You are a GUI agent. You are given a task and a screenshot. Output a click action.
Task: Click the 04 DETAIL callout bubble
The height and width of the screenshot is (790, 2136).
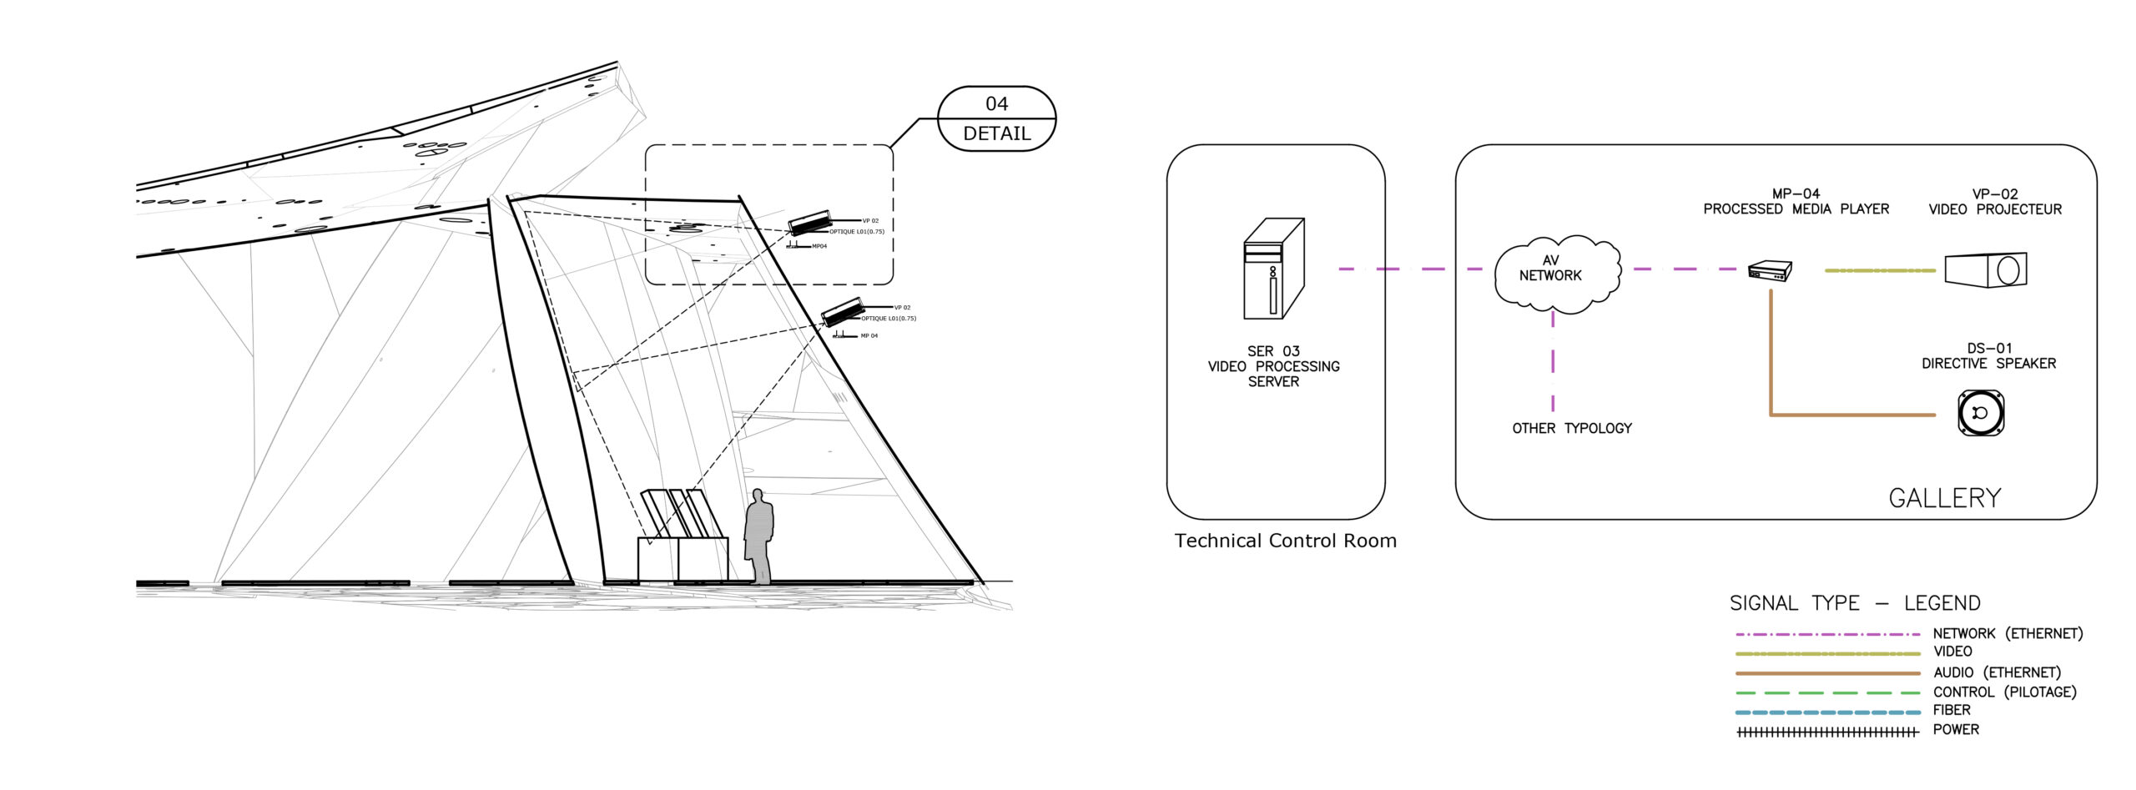click(996, 118)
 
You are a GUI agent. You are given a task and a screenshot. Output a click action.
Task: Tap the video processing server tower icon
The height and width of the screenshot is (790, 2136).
click(1272, 269)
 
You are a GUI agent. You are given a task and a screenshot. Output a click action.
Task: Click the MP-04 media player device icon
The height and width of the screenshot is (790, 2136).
click(1770, 270)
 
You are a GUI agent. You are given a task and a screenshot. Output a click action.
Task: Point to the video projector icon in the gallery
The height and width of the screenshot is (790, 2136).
click(1985, 269)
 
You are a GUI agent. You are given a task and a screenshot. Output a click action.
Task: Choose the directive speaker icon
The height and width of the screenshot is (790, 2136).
click(1981, 412)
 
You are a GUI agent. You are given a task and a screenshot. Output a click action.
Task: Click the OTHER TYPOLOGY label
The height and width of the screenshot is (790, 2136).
click(1571, 428)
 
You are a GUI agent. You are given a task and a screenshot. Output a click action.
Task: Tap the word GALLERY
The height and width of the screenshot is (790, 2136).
click(1944, 498)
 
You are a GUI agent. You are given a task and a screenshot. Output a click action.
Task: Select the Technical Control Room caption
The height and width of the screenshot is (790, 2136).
click(1285, 541)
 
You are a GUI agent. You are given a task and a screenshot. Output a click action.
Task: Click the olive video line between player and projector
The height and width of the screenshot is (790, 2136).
click(1879, 270)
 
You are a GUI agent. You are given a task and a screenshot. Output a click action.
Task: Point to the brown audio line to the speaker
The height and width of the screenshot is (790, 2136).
click(1852, 414)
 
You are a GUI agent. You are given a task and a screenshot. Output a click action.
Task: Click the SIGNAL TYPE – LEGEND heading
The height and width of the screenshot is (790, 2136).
click(1854, 602)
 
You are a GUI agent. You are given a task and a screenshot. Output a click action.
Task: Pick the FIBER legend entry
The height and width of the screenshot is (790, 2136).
click(1952, 710)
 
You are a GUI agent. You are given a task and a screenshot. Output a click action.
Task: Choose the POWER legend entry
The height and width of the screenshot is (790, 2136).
click(1955, 729)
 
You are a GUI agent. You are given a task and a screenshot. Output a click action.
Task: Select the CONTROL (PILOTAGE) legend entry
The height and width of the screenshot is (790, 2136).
click(2004, 692)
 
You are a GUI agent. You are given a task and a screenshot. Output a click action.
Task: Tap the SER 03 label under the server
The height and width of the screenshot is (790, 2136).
click(1273, 351)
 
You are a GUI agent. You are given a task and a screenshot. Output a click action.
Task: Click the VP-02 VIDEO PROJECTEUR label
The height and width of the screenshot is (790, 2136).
click(1994, 201)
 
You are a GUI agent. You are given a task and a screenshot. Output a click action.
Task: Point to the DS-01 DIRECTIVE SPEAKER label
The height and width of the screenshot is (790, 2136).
click(1988, 355)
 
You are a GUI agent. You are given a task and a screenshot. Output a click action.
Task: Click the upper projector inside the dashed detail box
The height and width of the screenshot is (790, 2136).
click(809, 222)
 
